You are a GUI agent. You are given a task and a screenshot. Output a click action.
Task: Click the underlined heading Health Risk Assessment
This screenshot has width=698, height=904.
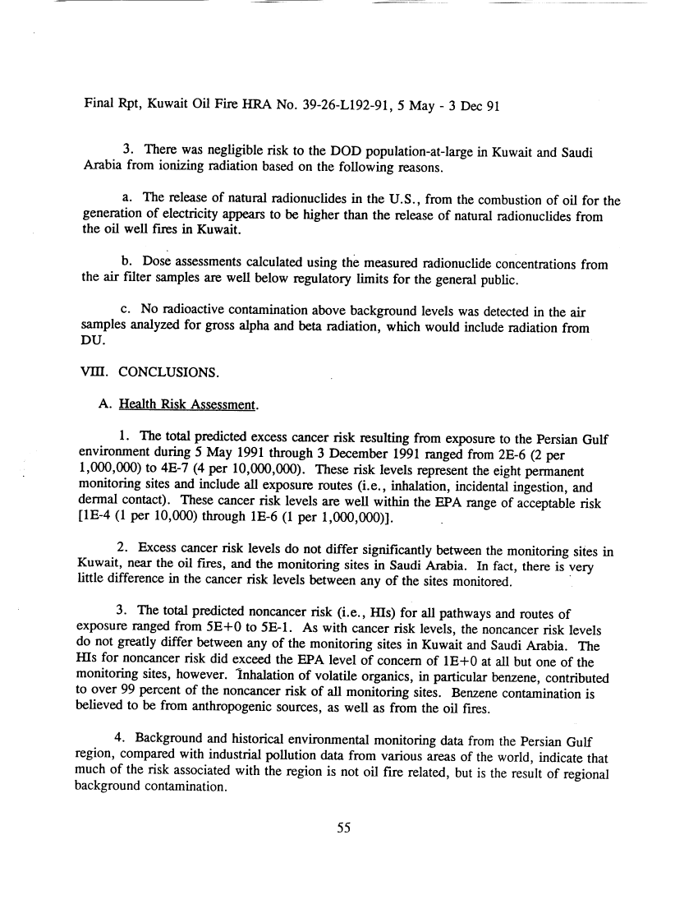coord(189,405)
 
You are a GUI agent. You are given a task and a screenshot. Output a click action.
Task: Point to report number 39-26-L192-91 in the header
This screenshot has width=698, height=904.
coord(310,105)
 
